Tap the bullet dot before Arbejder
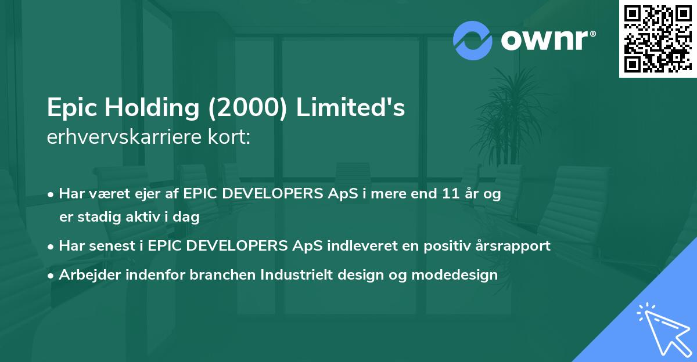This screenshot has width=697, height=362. pos(52,274)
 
